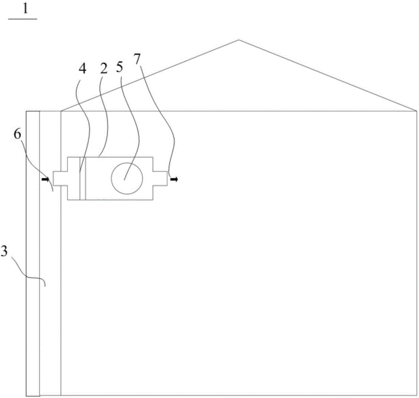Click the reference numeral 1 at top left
point(25,9)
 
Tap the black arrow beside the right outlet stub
point(173,179)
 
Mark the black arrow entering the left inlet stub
point(45,179)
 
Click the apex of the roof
point(239,40)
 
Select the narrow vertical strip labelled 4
point(82,178)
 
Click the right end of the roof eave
point(416,111)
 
